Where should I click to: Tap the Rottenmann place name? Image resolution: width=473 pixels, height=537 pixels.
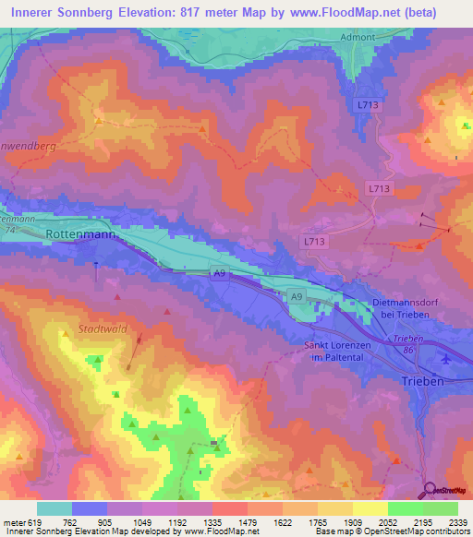79,234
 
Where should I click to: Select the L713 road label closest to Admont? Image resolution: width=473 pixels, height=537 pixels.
368,106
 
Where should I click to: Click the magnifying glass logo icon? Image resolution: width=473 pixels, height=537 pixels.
428,490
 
